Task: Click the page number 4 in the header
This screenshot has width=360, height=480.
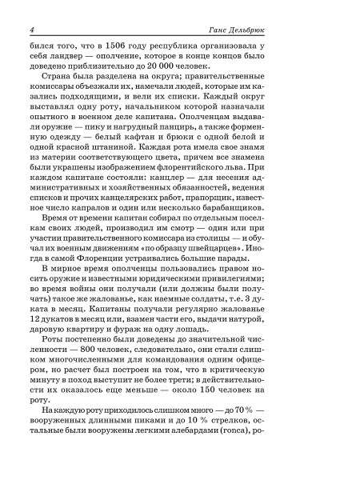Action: (30, 30)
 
